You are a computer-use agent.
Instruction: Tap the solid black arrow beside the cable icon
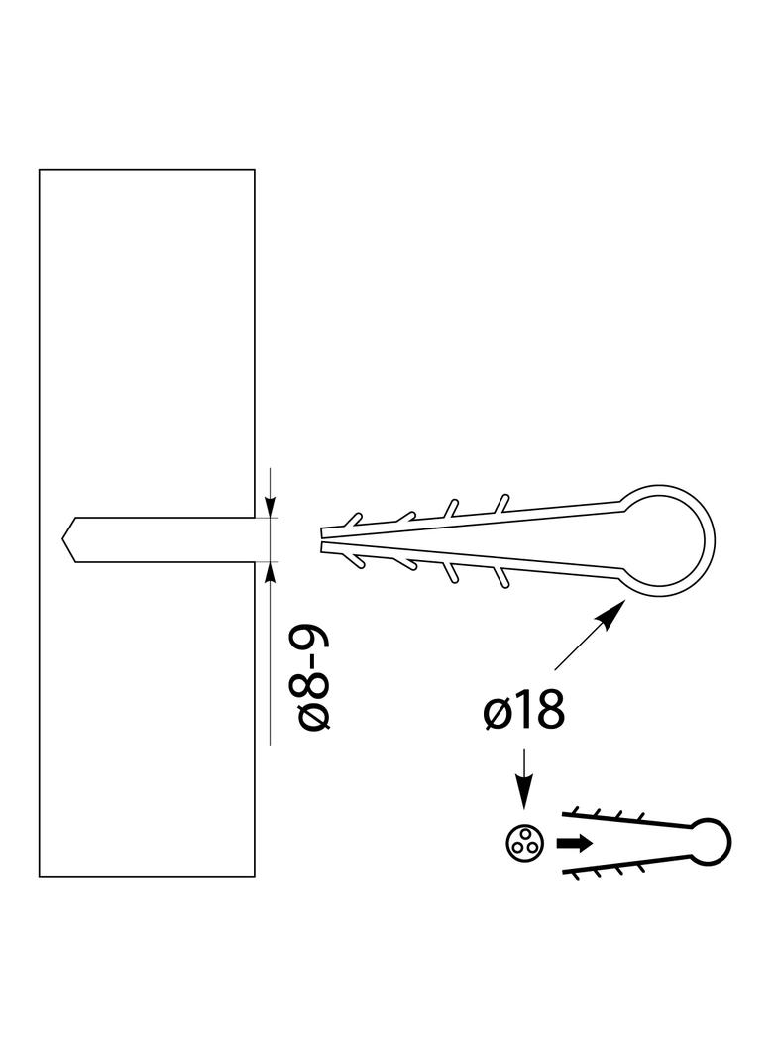pos(574,843)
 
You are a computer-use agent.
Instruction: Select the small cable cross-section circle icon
pos(523,843)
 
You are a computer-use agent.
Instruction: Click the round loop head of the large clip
pos(666,539)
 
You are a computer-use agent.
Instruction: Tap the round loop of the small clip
pos(711,843)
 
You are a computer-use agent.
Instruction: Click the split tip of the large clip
pos(322,539)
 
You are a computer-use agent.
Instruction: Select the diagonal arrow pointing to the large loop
pos(588,635)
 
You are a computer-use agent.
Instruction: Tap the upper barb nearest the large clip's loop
pos(501,504)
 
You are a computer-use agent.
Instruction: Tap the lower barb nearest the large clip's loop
pos(501,577)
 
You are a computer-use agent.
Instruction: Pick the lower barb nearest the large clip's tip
pos(354,559)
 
